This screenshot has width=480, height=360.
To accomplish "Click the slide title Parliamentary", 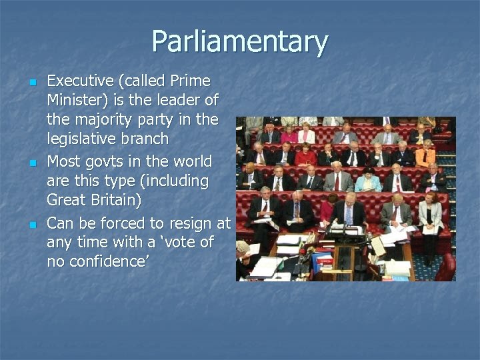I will tap(239, 42).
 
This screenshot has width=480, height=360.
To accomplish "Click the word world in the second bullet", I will tap(193, 161).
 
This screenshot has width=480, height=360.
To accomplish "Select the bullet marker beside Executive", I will tap(31, 83).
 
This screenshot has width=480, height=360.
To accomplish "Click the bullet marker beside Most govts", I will tap(31, 163).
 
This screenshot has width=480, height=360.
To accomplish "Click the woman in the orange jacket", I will tap(425, 156).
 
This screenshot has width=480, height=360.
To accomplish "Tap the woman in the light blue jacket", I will tap(367, 179).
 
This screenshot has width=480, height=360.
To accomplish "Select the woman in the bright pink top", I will tap(289, 135).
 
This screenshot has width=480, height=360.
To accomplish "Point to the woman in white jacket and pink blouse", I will tap(430, 217).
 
